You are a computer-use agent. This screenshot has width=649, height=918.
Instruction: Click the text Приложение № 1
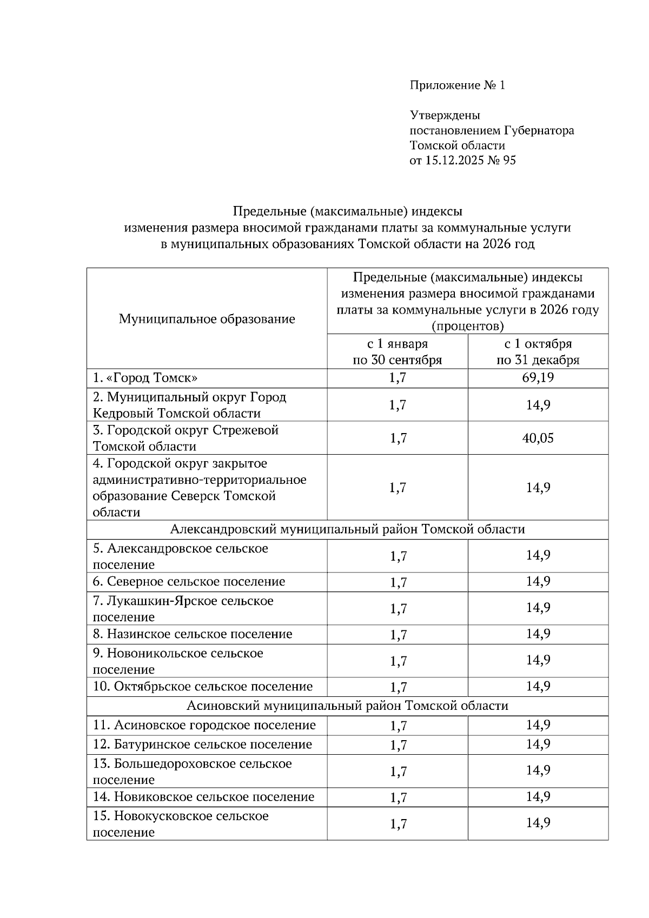(457, 85)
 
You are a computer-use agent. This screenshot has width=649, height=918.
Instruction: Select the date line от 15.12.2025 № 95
(462, 160)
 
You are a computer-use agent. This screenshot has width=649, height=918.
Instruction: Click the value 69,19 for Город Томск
(538, 377)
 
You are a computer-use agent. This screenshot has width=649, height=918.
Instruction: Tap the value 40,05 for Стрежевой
(538, 438)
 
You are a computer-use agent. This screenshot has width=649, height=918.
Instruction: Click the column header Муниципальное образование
(207, 319)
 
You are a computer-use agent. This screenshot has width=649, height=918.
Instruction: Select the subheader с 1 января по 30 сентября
(397, 352)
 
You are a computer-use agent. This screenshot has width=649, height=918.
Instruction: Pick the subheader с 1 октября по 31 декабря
(538, 352)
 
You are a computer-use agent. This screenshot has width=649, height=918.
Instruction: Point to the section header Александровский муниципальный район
(347, 529)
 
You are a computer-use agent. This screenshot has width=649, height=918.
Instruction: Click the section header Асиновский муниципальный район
(347, 706)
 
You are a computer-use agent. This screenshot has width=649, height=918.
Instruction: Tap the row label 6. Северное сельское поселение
(189, 582)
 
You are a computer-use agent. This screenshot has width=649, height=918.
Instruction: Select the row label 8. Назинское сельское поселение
(192, 634)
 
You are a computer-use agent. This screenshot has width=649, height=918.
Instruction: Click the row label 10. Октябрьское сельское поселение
(202, 687)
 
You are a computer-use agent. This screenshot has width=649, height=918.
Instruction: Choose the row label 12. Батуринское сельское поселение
(202, 744)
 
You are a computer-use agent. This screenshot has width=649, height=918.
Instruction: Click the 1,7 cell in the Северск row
(398, 488)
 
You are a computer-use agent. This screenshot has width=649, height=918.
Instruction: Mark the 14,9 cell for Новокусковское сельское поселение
(538, 823)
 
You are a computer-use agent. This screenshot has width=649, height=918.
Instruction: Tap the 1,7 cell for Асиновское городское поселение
(398, 726)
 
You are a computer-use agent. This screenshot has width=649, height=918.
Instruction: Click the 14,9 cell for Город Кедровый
(538, 405)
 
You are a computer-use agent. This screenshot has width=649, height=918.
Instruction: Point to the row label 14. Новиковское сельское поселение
(203, 797)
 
